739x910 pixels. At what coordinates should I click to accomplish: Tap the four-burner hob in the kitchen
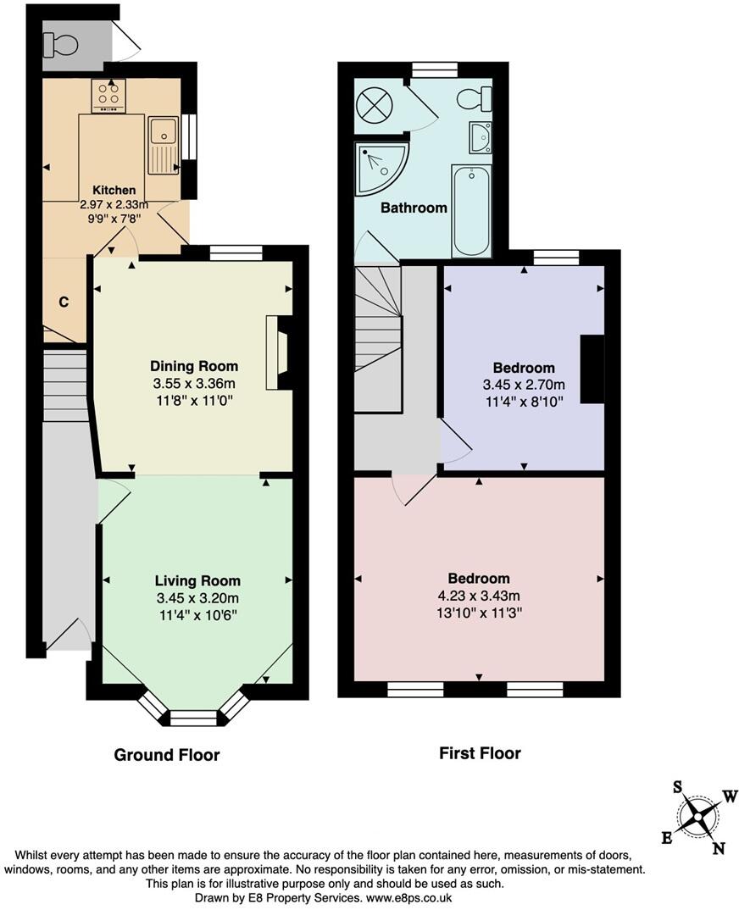108,96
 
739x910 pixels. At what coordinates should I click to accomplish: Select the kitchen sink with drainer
163,146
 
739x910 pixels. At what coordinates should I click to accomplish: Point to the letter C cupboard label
64,301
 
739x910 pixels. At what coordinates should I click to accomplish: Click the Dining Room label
194,366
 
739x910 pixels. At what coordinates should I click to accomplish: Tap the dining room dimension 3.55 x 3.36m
194,383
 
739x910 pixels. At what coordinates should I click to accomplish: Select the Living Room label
197,581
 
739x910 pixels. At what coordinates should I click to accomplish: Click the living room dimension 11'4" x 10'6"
197,613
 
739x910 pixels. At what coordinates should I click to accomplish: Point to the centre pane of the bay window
194,719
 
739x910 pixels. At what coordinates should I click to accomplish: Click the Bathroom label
414,208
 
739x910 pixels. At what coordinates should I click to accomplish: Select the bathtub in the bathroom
471,211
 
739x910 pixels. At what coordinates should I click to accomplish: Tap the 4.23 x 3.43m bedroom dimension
479,595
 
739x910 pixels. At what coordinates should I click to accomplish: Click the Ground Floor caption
167,755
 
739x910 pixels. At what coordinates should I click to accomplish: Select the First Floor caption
480,752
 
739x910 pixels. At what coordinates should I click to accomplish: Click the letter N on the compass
720,848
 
